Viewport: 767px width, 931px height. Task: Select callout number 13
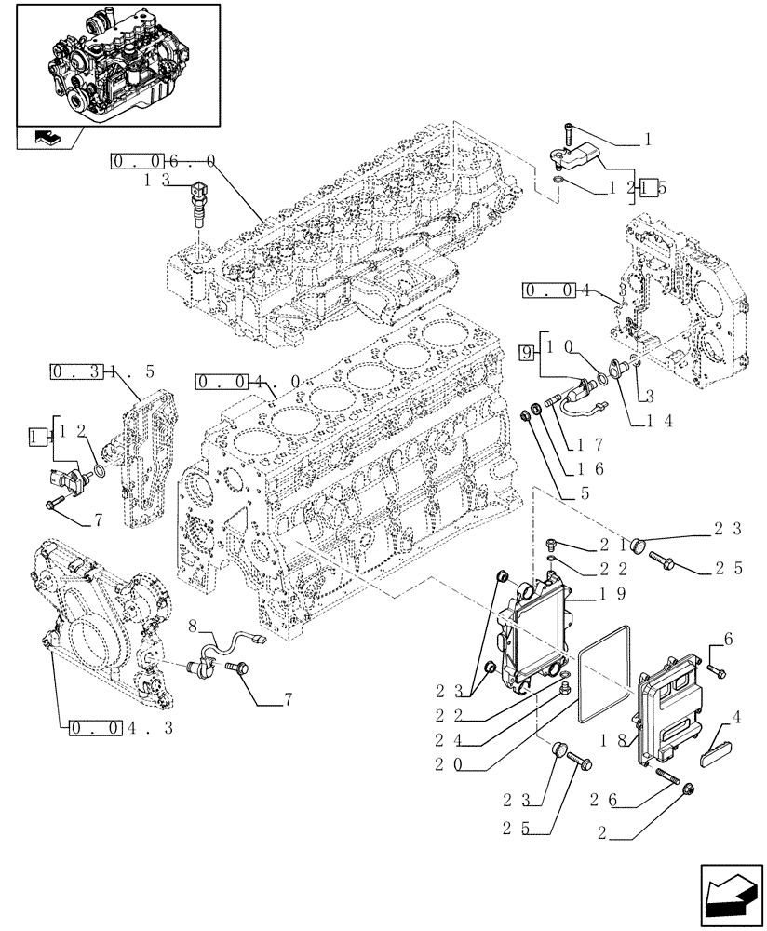pyautogui.click(x=155, y=182)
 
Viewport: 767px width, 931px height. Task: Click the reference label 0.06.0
pyautogui.click(x=164, y=161)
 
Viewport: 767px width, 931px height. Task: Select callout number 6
pyautogui.click(x=729, y=638)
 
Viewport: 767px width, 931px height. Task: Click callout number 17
pyautogui.click(x=592, y=446)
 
